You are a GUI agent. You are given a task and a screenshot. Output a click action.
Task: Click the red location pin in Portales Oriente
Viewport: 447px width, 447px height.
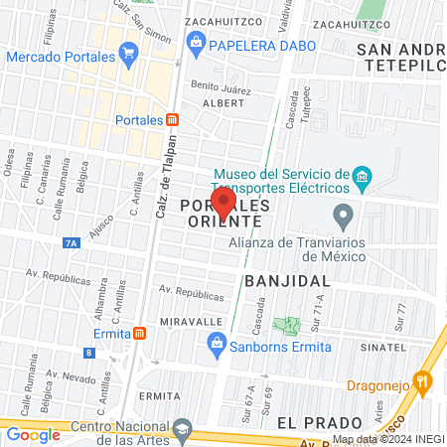(x=223, y=203)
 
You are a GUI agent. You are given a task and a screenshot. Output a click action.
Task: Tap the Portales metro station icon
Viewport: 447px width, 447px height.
(x=173, y=119)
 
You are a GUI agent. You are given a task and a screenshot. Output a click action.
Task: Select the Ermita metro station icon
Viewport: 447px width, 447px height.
(x=140, y=333)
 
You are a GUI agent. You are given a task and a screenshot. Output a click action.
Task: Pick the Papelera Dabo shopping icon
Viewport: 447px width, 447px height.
(x=196, y=42)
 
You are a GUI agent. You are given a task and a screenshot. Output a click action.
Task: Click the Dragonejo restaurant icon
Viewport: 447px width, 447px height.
(x=423, y=379)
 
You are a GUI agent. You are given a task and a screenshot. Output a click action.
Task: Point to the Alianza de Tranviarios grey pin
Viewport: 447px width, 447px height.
(x=343, y=214)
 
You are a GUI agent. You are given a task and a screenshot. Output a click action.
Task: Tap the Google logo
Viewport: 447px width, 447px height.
(x=33, y=434)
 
